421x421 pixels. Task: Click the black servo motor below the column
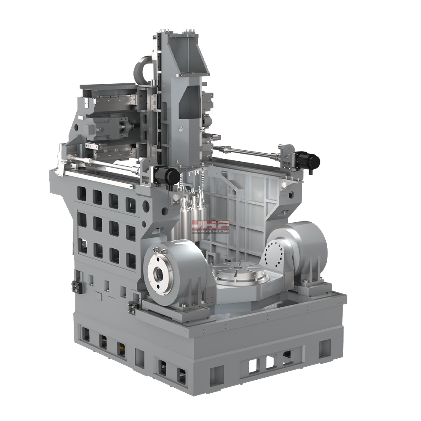tap(167, 175)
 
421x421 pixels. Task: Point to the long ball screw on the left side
tap(101, 164)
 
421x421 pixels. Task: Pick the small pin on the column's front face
tap(180, 128)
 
